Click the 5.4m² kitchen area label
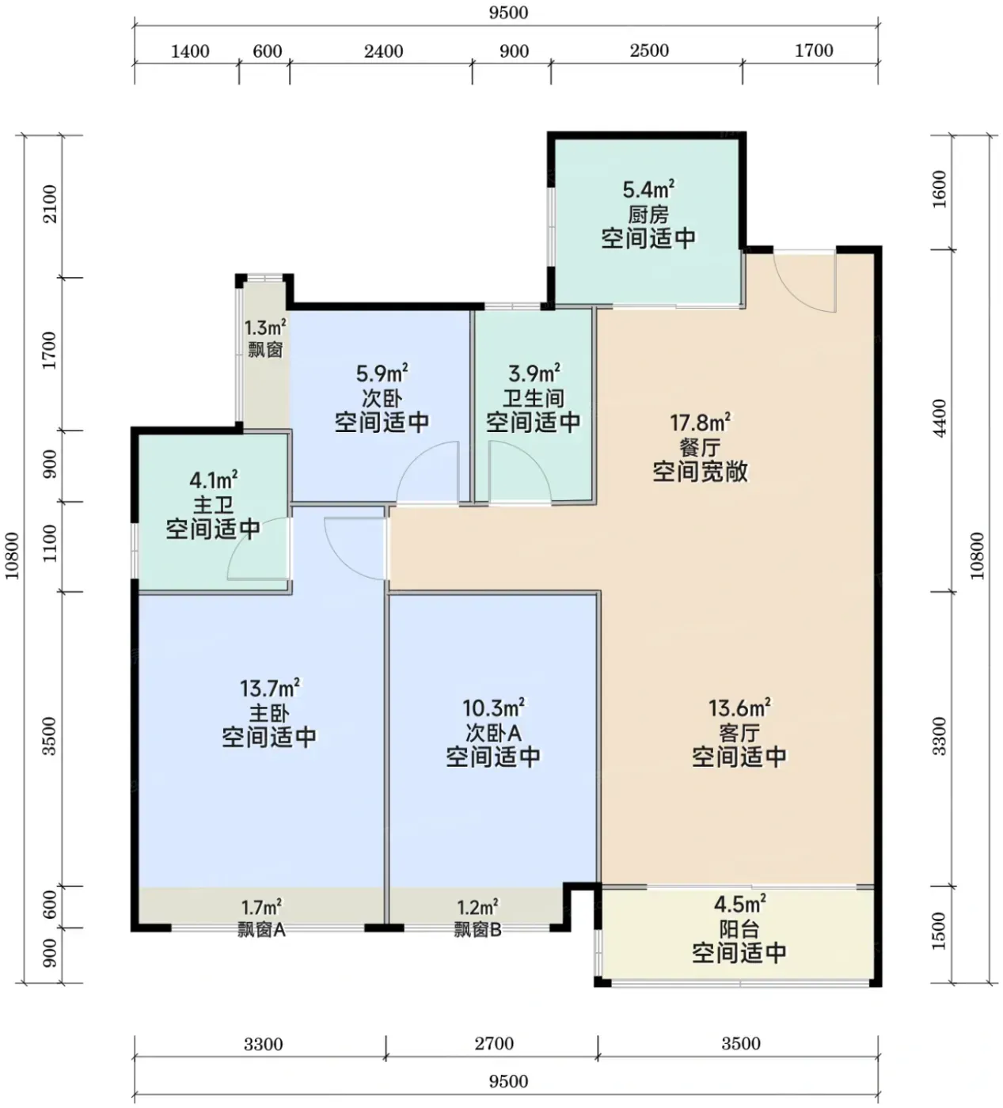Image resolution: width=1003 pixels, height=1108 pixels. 648,189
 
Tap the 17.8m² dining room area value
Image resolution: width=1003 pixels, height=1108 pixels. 700,423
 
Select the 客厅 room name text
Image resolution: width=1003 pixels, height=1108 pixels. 739,732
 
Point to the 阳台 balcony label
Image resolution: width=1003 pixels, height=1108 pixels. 739,929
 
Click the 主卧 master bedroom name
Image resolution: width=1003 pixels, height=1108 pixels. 269,714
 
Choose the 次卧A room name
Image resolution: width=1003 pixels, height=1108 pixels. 493,732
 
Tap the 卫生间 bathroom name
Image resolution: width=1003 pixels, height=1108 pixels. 534,398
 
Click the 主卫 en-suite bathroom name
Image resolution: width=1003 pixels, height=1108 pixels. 213,505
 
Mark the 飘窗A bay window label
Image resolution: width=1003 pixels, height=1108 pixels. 261,930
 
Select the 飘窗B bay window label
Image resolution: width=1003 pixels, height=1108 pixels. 478,930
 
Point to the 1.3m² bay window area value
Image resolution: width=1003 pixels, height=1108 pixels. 265,328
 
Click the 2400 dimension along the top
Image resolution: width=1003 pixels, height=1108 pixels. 383,51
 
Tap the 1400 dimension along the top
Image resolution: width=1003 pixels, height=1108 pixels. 190,51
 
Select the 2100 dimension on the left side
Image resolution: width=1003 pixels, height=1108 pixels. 50,204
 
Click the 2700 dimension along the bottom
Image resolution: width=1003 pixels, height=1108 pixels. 494,1043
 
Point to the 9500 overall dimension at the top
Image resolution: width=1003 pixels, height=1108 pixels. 508,12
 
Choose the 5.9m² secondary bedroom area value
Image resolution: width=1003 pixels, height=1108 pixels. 382,374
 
